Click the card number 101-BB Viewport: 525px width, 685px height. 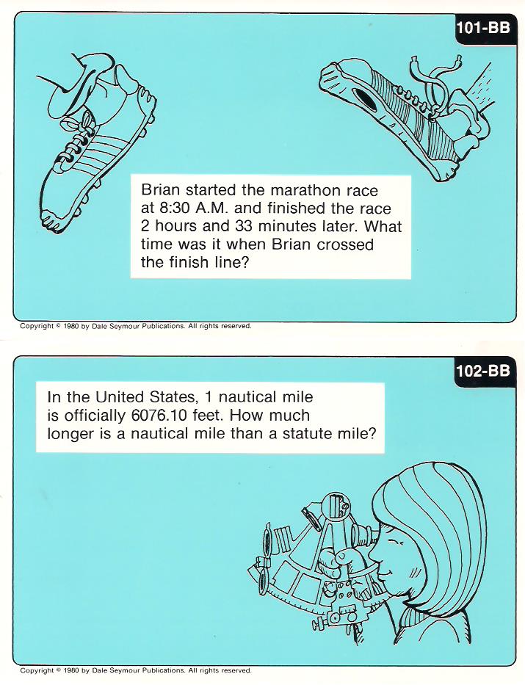click(x=482, y=27)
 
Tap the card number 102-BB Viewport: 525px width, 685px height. click(x=482, y=371)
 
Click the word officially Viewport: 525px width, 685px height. click(x=95, y=416)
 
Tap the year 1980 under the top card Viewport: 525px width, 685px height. click(x=70, y=326)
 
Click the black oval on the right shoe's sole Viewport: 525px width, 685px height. click(x=364, y=99)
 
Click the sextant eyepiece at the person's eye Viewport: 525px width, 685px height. click(x=363, y=534)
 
